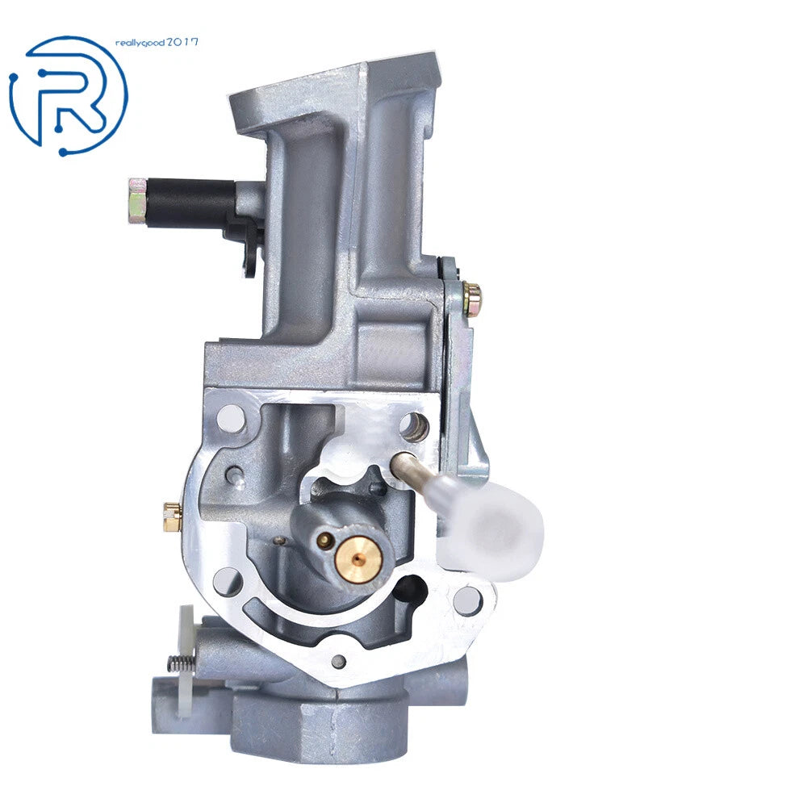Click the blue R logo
click(x=69, y=96)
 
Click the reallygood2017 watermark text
click(x=157, y=43)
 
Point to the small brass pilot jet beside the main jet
click(x=324, y=539)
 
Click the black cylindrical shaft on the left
click(x=190, y=203)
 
